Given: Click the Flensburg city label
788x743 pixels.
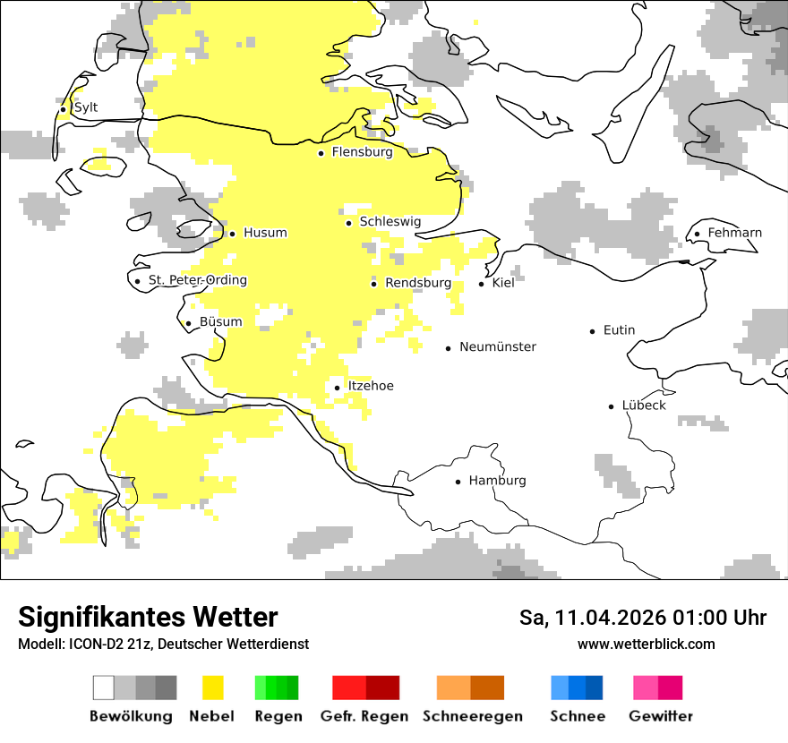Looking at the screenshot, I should click(x=362, y=152).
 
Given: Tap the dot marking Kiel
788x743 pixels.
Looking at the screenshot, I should click(x=481, y=284).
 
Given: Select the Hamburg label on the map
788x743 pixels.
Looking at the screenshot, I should click(x=497, y=481).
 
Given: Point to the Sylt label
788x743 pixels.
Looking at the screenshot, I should click(x=86, y=107).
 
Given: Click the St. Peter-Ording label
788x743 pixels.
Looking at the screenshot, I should click(x=197, y=280).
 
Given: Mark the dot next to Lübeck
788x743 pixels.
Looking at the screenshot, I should click(x=612, y=406).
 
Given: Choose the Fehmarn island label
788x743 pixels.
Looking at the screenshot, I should click(x=734, y=233).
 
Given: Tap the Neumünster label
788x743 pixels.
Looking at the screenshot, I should click(x=498, y=346).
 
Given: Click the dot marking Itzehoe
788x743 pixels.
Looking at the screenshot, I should click(x=337, y=388).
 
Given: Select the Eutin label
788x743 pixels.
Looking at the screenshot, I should click(x=619, y=330).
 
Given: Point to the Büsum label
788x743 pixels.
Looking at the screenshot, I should click(x=220, y=321).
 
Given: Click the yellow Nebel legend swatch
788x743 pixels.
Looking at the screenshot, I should click(x=212, y=687).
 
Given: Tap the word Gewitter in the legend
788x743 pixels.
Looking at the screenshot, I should click(x=661, y=716).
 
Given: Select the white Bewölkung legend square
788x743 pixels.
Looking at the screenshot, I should click(x=104, y=687).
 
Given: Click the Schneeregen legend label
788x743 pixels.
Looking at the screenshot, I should click(x=473, y=716).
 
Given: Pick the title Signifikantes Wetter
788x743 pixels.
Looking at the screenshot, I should click(x=148, y=617).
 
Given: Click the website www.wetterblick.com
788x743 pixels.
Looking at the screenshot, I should click(x=646, y=644).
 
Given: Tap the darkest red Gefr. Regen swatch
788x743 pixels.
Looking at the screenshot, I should click(x=382, y=687).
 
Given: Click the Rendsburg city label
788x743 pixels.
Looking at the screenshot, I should click(x=417, y=283).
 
